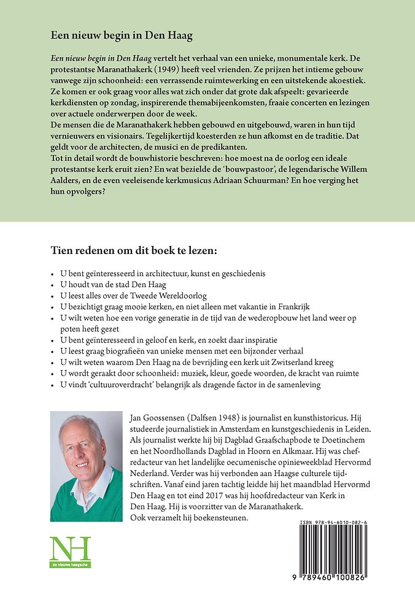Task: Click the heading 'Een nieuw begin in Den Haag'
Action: coord(122,36)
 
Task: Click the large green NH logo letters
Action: coord(69,550)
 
